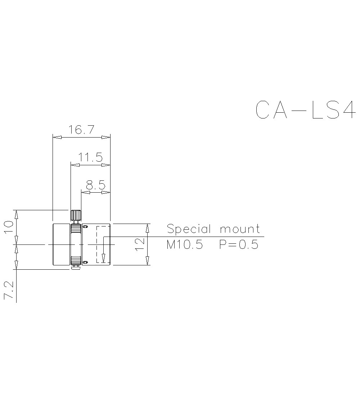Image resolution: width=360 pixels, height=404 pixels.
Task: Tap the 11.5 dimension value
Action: pos(91,157)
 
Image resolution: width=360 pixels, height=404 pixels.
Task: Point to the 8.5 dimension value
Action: pos(95,185)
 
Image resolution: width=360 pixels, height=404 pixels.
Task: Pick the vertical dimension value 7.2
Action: pos(9,291)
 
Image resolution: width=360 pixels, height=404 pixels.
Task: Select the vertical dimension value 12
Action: pos(140,244)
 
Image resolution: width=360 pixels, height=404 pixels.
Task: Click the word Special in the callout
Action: pos(189,229)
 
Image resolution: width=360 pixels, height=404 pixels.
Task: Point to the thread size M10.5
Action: pos(185,245)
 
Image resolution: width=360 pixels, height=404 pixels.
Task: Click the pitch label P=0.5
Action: pos(239,245)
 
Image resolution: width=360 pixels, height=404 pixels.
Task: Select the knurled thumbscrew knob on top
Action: pos(76,215)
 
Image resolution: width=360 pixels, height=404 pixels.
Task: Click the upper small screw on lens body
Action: pos(85,226)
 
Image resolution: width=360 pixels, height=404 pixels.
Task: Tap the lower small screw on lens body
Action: pos(85,262)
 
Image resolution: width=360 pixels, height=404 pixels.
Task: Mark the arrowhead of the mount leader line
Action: pos(103,258)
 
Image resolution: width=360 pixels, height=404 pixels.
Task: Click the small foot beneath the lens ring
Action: pos(76,267)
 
